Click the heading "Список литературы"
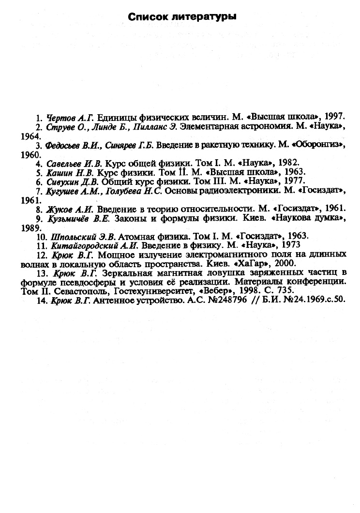point(182,17)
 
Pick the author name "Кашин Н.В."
point(68,172)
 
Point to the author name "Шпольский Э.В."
point(79,237)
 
